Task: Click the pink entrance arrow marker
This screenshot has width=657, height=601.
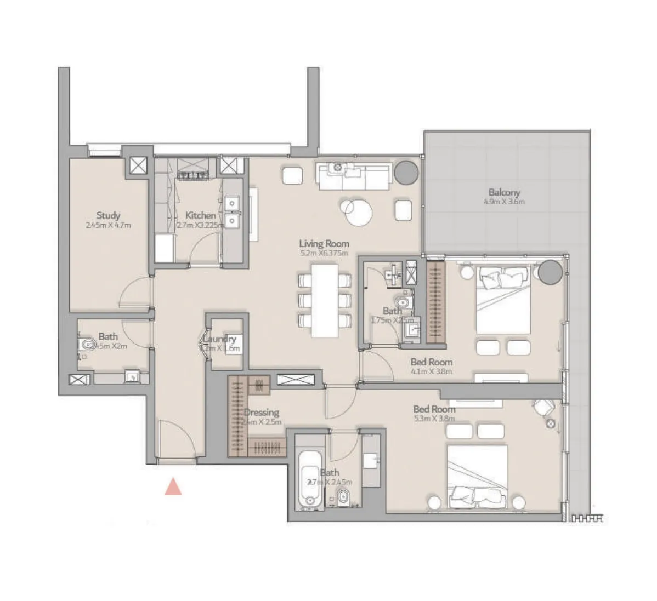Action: (173, 486)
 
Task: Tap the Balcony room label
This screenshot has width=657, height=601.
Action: (504, 192)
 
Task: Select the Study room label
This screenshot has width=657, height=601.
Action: (108, 215)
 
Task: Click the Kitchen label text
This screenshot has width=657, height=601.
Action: (200, 215)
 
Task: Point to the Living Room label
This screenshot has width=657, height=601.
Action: (324, 243)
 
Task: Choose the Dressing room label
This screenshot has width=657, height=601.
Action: (262, 413)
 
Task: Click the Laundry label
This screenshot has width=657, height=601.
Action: (219, 339)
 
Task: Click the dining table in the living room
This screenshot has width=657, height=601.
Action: (325, 300)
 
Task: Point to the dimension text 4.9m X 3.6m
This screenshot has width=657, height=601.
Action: (504, 202)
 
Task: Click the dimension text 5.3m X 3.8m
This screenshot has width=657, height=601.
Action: (434, 419)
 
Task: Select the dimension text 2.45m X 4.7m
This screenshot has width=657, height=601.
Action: (108, 225)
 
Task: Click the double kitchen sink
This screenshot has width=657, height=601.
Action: (232, 211)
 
